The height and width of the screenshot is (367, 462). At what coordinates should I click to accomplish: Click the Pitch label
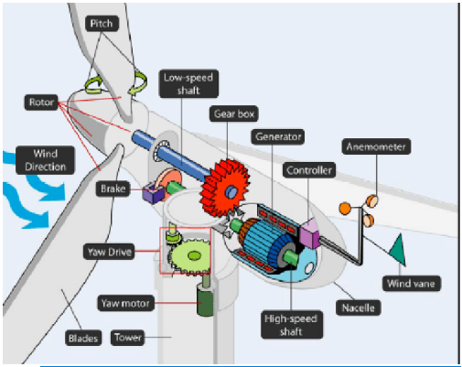pos(102,24)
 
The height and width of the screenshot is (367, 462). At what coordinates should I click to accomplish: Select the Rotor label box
pos(41,103)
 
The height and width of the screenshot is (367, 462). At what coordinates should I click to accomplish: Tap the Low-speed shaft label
pos(188,84)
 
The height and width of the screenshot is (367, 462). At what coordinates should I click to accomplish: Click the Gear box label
pos(234,113)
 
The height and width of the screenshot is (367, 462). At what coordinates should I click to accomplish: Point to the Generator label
pos(278,136)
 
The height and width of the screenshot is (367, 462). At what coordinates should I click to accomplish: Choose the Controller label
pos(309,170)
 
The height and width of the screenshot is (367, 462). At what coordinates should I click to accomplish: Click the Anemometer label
pos(376,146)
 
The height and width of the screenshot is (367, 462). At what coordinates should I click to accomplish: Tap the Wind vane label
pos(411,284)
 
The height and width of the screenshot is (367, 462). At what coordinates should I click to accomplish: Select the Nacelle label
pos(358,308)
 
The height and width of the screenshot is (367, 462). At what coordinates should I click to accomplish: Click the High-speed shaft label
pos(291,325)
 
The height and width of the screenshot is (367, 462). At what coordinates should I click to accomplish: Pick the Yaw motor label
pos(125,303)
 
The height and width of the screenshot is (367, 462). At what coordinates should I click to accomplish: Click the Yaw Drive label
pos(109,252)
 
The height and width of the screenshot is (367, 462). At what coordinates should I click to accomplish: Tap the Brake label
pos(113,189)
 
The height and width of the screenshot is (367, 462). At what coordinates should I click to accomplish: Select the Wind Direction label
pos(45,160)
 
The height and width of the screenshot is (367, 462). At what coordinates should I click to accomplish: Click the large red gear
pos(225,189)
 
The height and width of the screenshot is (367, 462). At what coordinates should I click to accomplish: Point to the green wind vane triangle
pos(398,250)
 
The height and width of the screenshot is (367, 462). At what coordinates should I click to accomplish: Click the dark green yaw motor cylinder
pos(205,299)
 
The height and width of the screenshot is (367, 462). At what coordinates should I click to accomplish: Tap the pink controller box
pos(309,233)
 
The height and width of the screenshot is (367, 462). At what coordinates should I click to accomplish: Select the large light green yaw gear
pos(189,255)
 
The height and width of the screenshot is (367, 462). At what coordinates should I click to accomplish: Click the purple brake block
pos(154,193)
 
